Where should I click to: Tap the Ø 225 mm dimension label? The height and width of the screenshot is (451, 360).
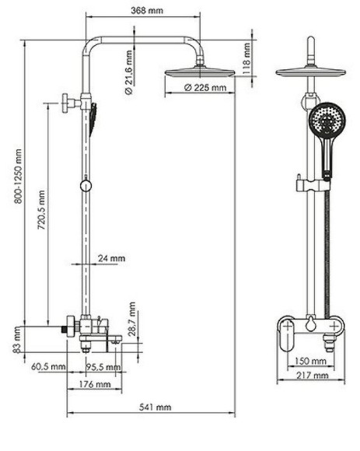(205, 87)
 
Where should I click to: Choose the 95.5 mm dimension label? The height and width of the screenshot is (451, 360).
(102, 366)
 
